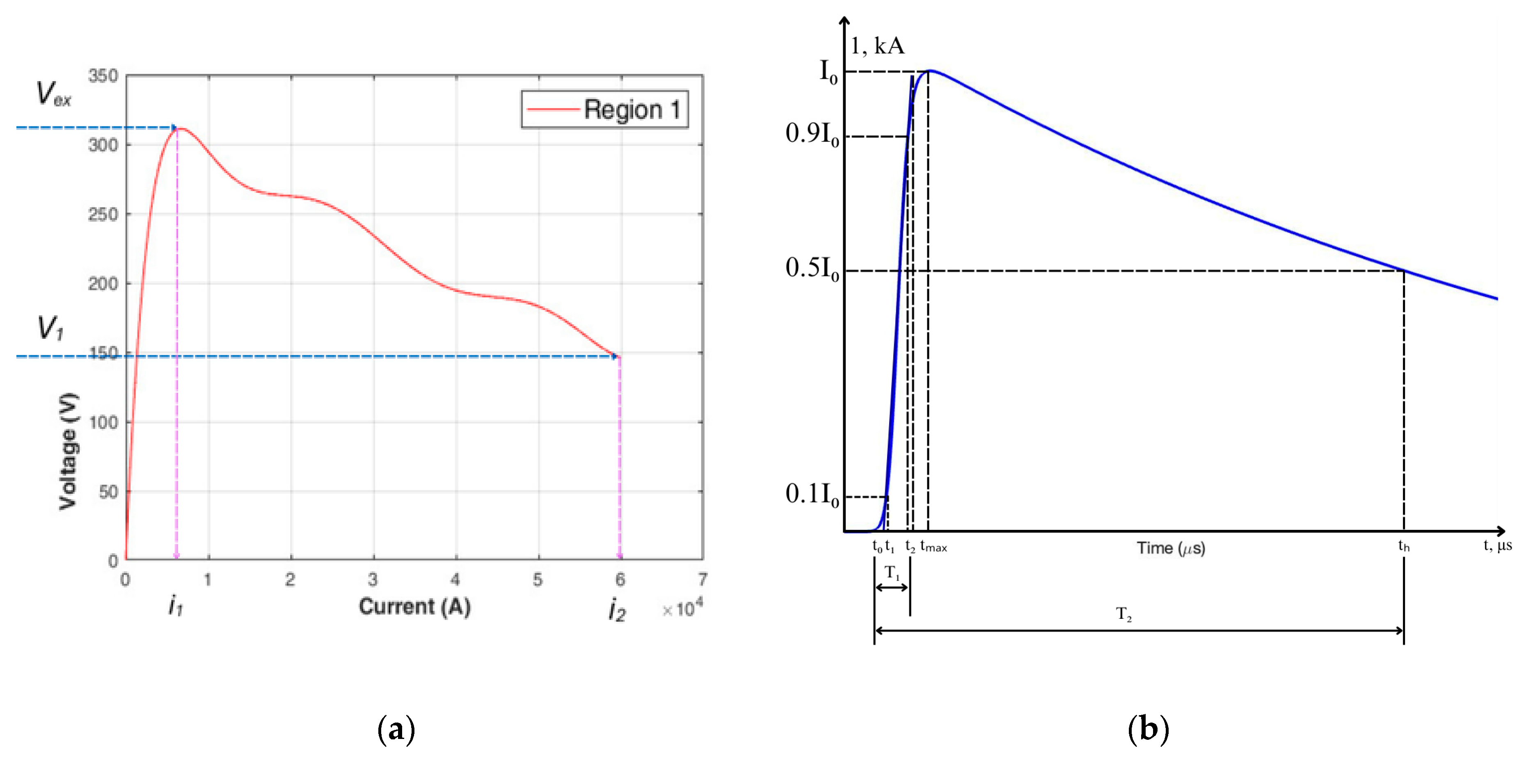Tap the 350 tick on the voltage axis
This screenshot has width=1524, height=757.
[103, 76]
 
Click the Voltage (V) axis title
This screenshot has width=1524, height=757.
[68, 451]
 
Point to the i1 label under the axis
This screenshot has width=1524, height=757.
[176, 606]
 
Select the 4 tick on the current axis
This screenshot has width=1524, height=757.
[455, 579]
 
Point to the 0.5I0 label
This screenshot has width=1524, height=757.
[812, 269]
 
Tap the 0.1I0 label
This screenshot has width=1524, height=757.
[812, 495]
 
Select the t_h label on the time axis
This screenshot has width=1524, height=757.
[1403, 546]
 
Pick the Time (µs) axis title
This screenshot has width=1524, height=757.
[1170, 548]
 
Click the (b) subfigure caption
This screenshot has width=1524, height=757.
[1148, 729]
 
